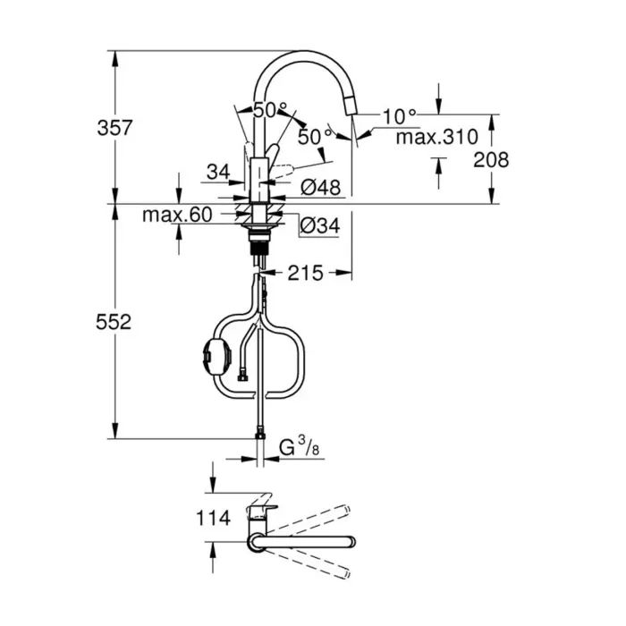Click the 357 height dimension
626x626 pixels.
click(x=114, y=128)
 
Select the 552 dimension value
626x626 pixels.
click(x=114, y=322)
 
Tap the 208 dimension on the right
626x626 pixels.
click(x=491, y=160)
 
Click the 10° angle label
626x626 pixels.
click(x=400, y=115)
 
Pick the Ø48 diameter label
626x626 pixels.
click(x=320, y=188)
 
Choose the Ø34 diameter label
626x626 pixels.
click(x=320, y=226)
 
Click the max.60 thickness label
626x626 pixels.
click(x=176, y=215)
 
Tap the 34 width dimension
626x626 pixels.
click(x=217, y=171)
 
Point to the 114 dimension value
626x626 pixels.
click(x=213, y=517)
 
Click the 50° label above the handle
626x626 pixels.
click(x=269, y=111)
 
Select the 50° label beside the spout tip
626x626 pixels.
click(x=315, y=137)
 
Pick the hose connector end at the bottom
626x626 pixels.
click(x=259, y=435)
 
